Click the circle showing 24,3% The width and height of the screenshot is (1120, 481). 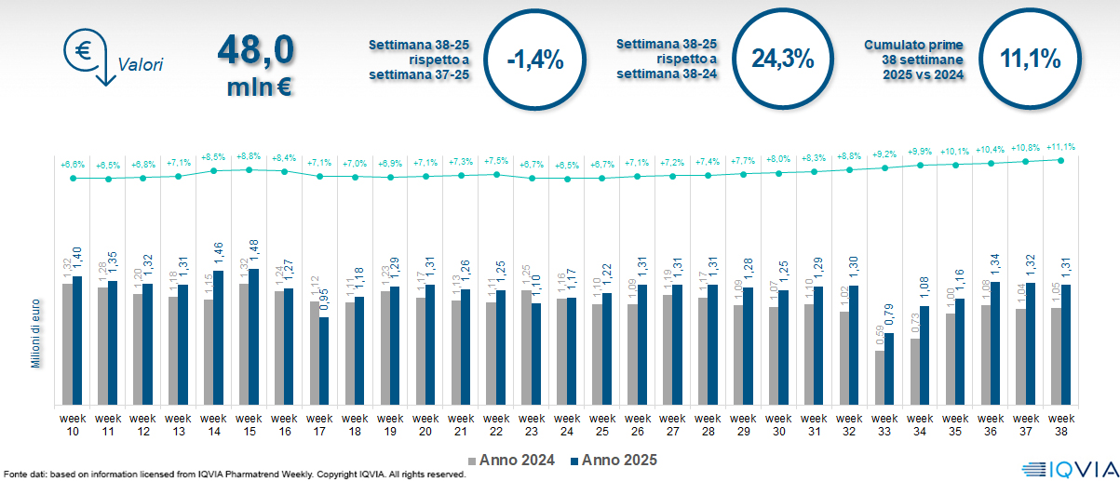(783, 59)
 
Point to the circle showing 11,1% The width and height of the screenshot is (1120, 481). (1031, 59)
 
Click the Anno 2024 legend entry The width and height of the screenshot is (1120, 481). (517, 460)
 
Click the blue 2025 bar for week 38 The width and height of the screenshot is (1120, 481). (1067, 344)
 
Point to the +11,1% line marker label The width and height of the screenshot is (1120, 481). (1062, 147)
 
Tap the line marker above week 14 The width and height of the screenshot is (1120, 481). (214, 170)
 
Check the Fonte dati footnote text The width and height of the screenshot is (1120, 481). (233, 474)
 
